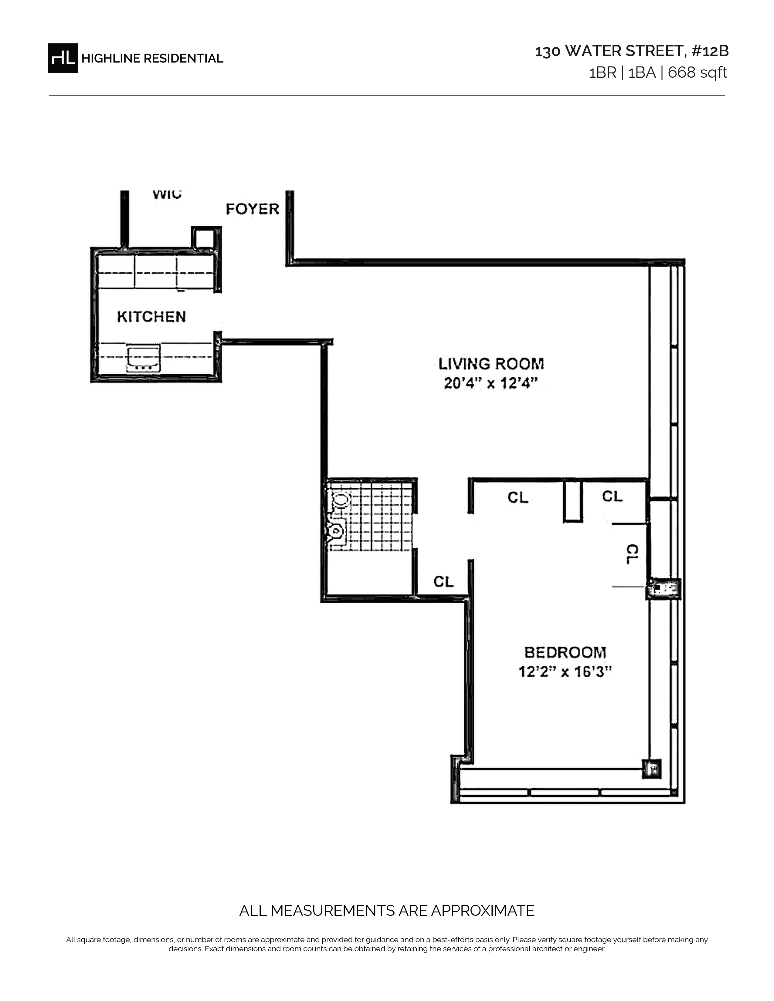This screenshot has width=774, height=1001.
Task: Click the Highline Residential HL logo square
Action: (63, 58)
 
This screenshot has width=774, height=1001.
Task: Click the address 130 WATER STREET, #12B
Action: (632, 51)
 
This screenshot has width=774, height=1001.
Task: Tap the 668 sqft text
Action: (698, 72)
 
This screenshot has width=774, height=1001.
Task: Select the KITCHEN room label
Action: (151, 317)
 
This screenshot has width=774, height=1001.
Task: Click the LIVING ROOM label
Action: (491, 364)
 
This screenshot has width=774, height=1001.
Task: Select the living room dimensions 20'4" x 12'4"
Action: (491, 383)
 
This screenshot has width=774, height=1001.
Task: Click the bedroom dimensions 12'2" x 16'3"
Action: (565, 672)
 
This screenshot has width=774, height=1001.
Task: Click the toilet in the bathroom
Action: (339, 500)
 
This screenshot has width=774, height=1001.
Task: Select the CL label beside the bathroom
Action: (443, 581)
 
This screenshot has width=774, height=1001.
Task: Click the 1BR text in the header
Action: (603, 72)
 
